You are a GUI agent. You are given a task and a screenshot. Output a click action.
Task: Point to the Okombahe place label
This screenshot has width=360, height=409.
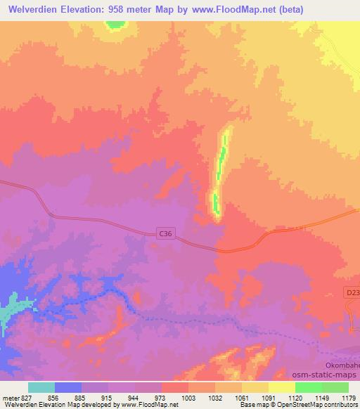(x=341, y=366)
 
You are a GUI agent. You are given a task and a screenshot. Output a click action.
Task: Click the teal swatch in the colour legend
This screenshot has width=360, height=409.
(x=41, y=387)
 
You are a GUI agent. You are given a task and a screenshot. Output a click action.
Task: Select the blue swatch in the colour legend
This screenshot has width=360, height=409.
(x=68, y=387)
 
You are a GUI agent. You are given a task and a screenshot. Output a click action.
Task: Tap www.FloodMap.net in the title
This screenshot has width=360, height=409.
(x=247, y=9)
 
